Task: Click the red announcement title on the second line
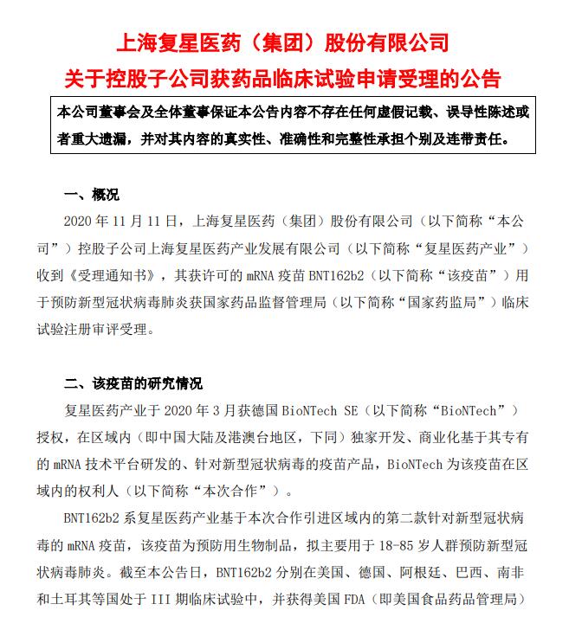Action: coord(283,80)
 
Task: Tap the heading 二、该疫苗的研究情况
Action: coord(133,383)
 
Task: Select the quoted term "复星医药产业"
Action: coord(462,248)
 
